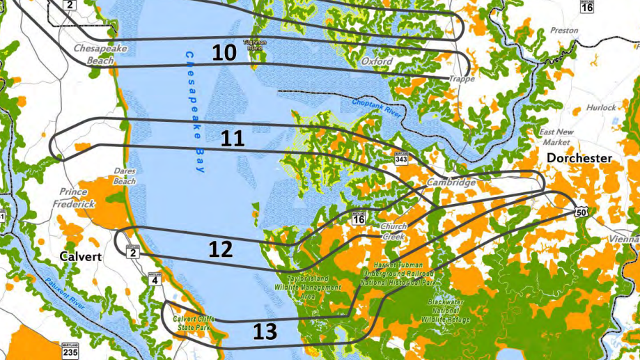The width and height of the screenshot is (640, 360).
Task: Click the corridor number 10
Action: point(223,53)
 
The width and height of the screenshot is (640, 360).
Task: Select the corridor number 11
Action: point(232,139)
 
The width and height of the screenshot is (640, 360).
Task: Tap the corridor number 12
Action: point(220,250)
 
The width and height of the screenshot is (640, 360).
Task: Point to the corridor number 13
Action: point(265,331)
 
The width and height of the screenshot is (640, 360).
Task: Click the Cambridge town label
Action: point(451,182)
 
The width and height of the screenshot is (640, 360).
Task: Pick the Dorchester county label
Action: point(579,158)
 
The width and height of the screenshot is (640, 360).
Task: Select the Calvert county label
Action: point(80,256)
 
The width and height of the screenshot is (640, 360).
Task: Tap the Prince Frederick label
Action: point(73,198)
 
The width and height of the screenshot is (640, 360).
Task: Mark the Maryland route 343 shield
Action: point(402,159)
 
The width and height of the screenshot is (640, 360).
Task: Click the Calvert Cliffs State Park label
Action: point(194,323)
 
